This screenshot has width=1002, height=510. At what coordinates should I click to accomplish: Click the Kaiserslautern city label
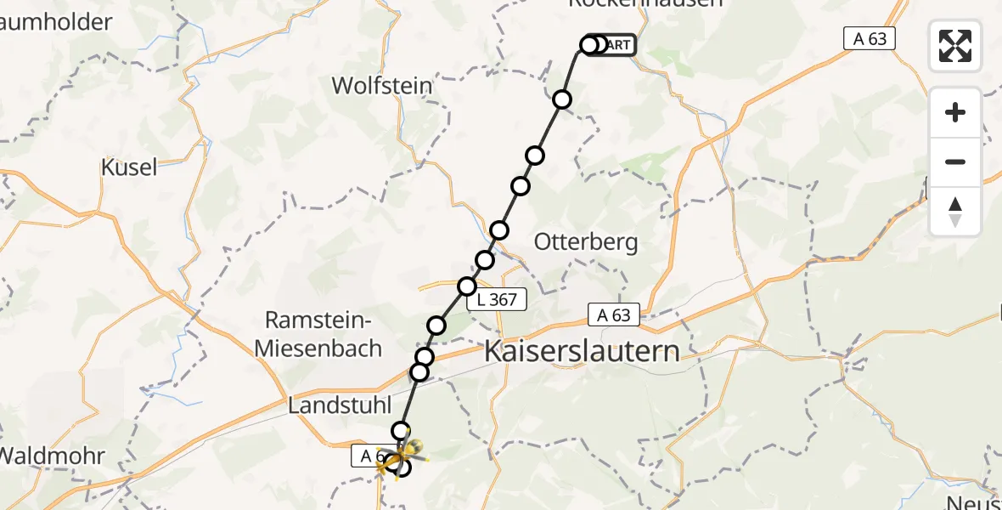coord(583,352)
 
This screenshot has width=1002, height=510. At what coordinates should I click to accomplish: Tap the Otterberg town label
coord(586,242)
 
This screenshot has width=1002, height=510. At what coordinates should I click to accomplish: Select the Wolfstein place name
coord(381,86)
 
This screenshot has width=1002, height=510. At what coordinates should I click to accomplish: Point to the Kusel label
coord(129,167)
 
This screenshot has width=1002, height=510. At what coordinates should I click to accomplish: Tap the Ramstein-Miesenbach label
coord(324,334)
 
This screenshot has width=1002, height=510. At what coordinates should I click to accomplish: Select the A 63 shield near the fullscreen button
coord(870,38)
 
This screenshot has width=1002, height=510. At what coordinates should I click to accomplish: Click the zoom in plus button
coord(955,112)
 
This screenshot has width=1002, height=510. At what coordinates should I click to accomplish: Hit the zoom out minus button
coord(955,161)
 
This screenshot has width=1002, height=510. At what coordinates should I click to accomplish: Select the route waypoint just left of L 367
coord(467,286)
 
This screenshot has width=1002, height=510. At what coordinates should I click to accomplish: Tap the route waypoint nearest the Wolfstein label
coord(561,100)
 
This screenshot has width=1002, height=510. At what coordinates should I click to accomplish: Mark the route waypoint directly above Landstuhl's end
coord(400,431)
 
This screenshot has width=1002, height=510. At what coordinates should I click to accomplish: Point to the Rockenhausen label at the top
coord(645,3)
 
